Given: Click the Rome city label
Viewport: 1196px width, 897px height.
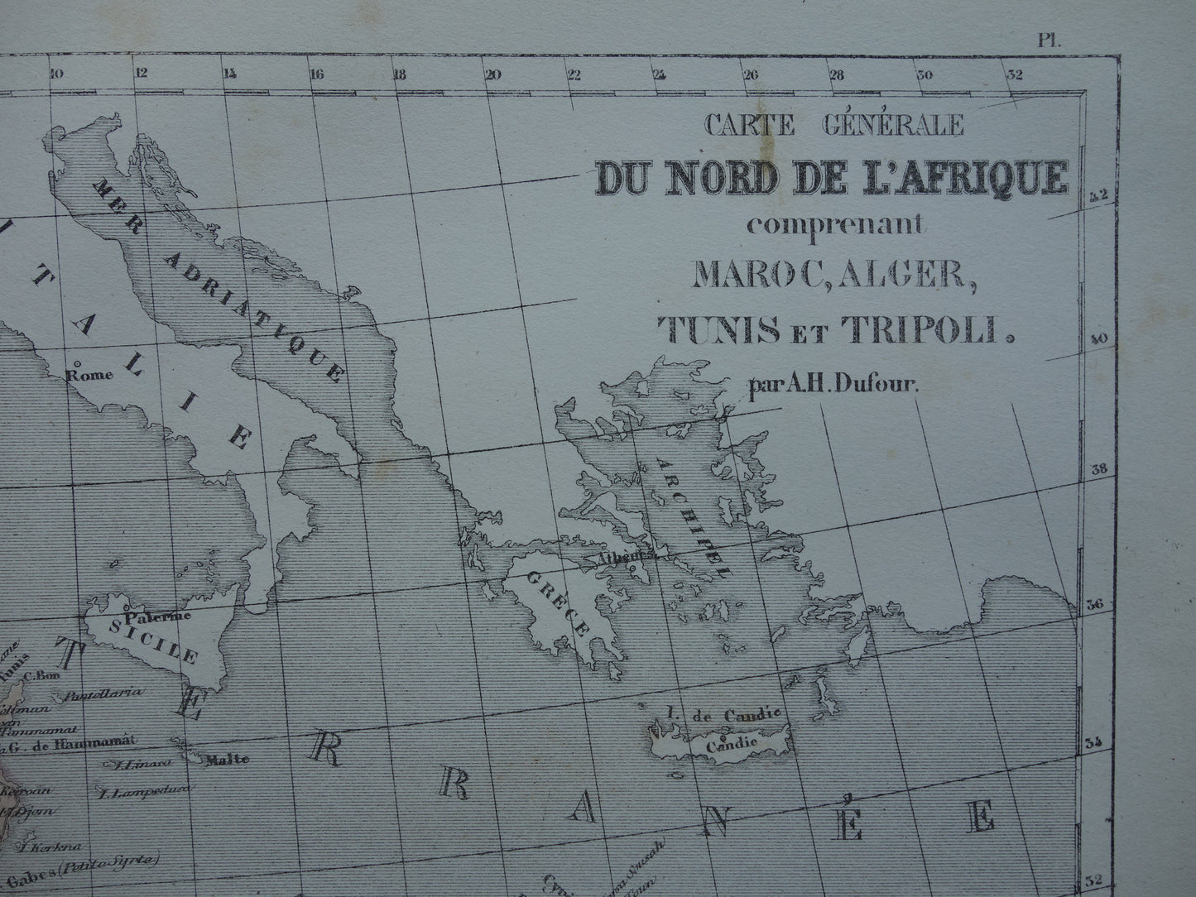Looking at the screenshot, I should pyautogui.click(x=92, y=373).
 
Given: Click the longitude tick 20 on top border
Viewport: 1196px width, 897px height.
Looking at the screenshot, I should pyautogui.click(x=493, y=73).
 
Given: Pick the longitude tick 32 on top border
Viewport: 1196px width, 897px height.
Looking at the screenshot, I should pyautogui.click(x=1015, y=73).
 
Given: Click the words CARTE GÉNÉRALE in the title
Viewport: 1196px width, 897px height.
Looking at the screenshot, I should pyautogui.click(x=833, y=125).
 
